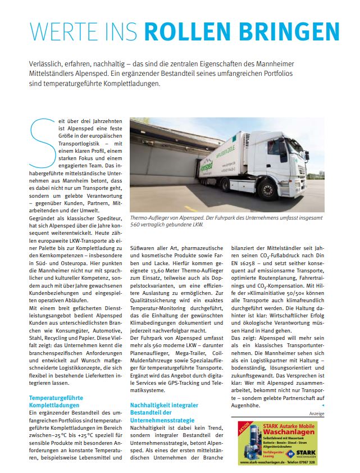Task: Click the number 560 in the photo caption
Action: point(137,225)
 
